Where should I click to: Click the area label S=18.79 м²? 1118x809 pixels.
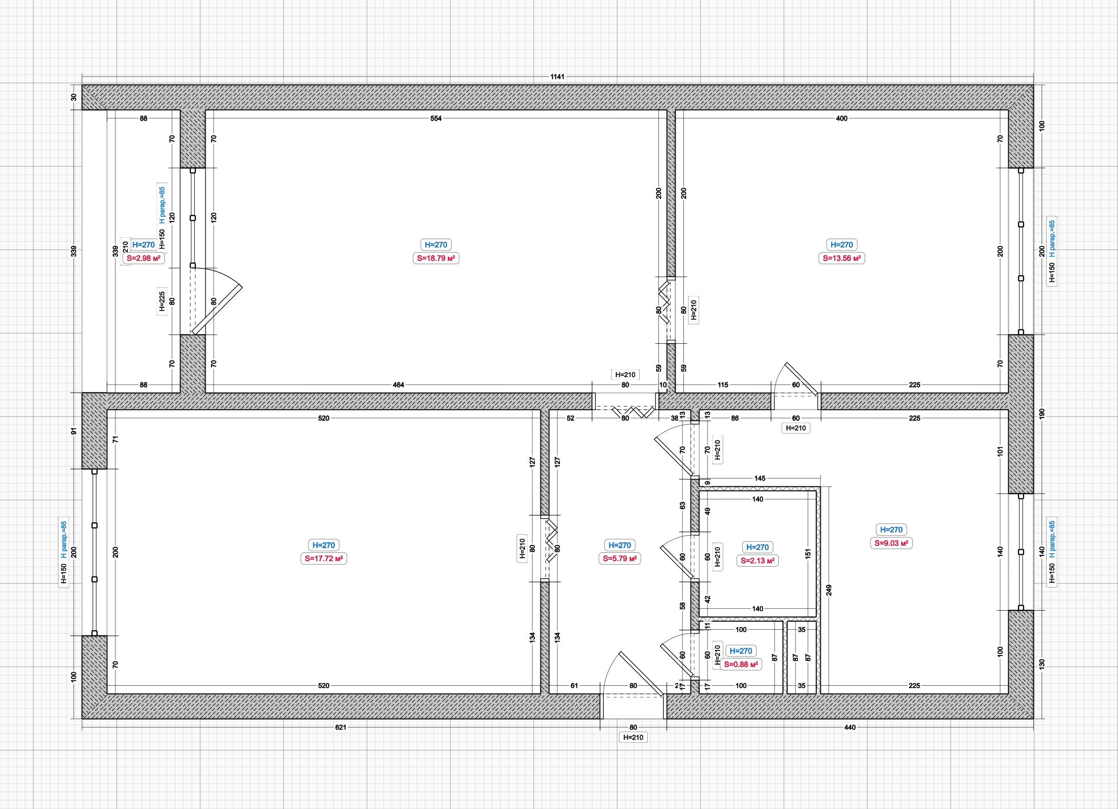(436, 258)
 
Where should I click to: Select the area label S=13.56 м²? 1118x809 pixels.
(842, 258)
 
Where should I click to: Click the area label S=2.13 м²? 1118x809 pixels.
(758, 561)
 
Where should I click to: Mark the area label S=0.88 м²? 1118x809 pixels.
(740, 664)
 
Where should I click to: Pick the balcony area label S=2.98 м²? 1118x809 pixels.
(144, 258)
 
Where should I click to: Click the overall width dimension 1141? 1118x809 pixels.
(557, 76)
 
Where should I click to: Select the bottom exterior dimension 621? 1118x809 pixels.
(341, 727)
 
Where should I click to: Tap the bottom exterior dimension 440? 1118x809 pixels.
(850, 727)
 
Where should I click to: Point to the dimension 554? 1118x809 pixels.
(436, 118)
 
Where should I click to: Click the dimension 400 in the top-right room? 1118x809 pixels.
(841, 118)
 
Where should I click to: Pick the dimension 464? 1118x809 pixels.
(398, 385)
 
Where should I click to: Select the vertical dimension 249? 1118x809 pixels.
(828, 590)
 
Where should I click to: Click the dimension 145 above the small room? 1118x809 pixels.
(759, 478)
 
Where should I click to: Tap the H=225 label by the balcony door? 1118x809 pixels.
(162, 301)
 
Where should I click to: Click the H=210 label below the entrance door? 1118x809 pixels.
(633, 738)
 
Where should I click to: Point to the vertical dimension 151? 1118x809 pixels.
(808, 553)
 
